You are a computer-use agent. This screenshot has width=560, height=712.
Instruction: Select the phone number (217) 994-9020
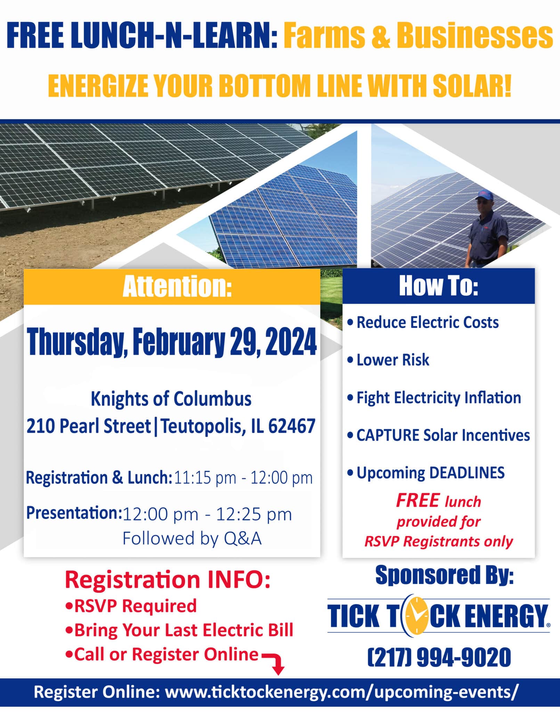coord(439,657)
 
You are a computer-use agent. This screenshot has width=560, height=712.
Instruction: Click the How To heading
coord(439,286)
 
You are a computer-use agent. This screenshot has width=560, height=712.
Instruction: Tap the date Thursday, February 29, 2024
coord(172,342)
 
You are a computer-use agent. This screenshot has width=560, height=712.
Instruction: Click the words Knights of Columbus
coord(171,399)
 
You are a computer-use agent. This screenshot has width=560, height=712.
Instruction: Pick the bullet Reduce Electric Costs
coord(423,322)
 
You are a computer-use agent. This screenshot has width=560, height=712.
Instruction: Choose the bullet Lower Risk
coord(388,360)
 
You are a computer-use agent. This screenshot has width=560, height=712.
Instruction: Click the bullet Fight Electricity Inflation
coord(434,398)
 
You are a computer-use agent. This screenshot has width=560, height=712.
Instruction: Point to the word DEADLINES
coord(467,473)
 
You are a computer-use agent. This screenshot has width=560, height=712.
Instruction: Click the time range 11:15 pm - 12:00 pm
coord(243,478)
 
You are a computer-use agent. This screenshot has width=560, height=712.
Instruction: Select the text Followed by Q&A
coord(192,539)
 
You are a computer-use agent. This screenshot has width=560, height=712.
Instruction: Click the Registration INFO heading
coord(168,580)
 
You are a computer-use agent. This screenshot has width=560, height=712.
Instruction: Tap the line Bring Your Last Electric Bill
coord(179,630)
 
